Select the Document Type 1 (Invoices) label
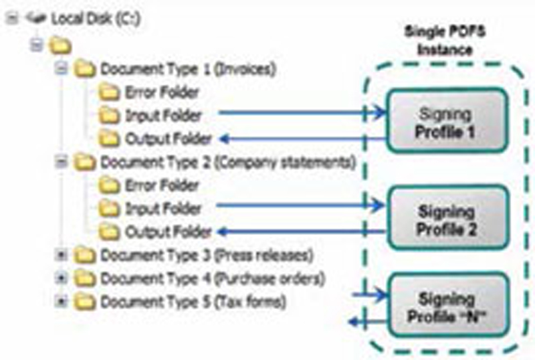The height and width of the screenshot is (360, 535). click(188, 68)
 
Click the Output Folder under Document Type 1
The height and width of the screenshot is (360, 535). click(168, 139)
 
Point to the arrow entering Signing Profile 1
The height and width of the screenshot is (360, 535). click(301, 113)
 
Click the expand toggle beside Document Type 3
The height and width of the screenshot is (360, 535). click(62, 255)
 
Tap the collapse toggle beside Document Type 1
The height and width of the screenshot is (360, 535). click(62, 68)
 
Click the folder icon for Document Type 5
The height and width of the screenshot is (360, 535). click(84, 302)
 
